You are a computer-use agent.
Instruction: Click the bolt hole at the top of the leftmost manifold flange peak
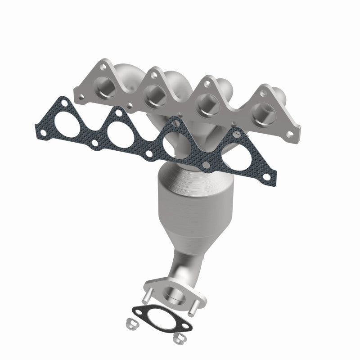pyautogui.click(x=104, y=66)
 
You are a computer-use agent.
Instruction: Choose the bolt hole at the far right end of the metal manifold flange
pyautogui.click(x=294, y=130)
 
